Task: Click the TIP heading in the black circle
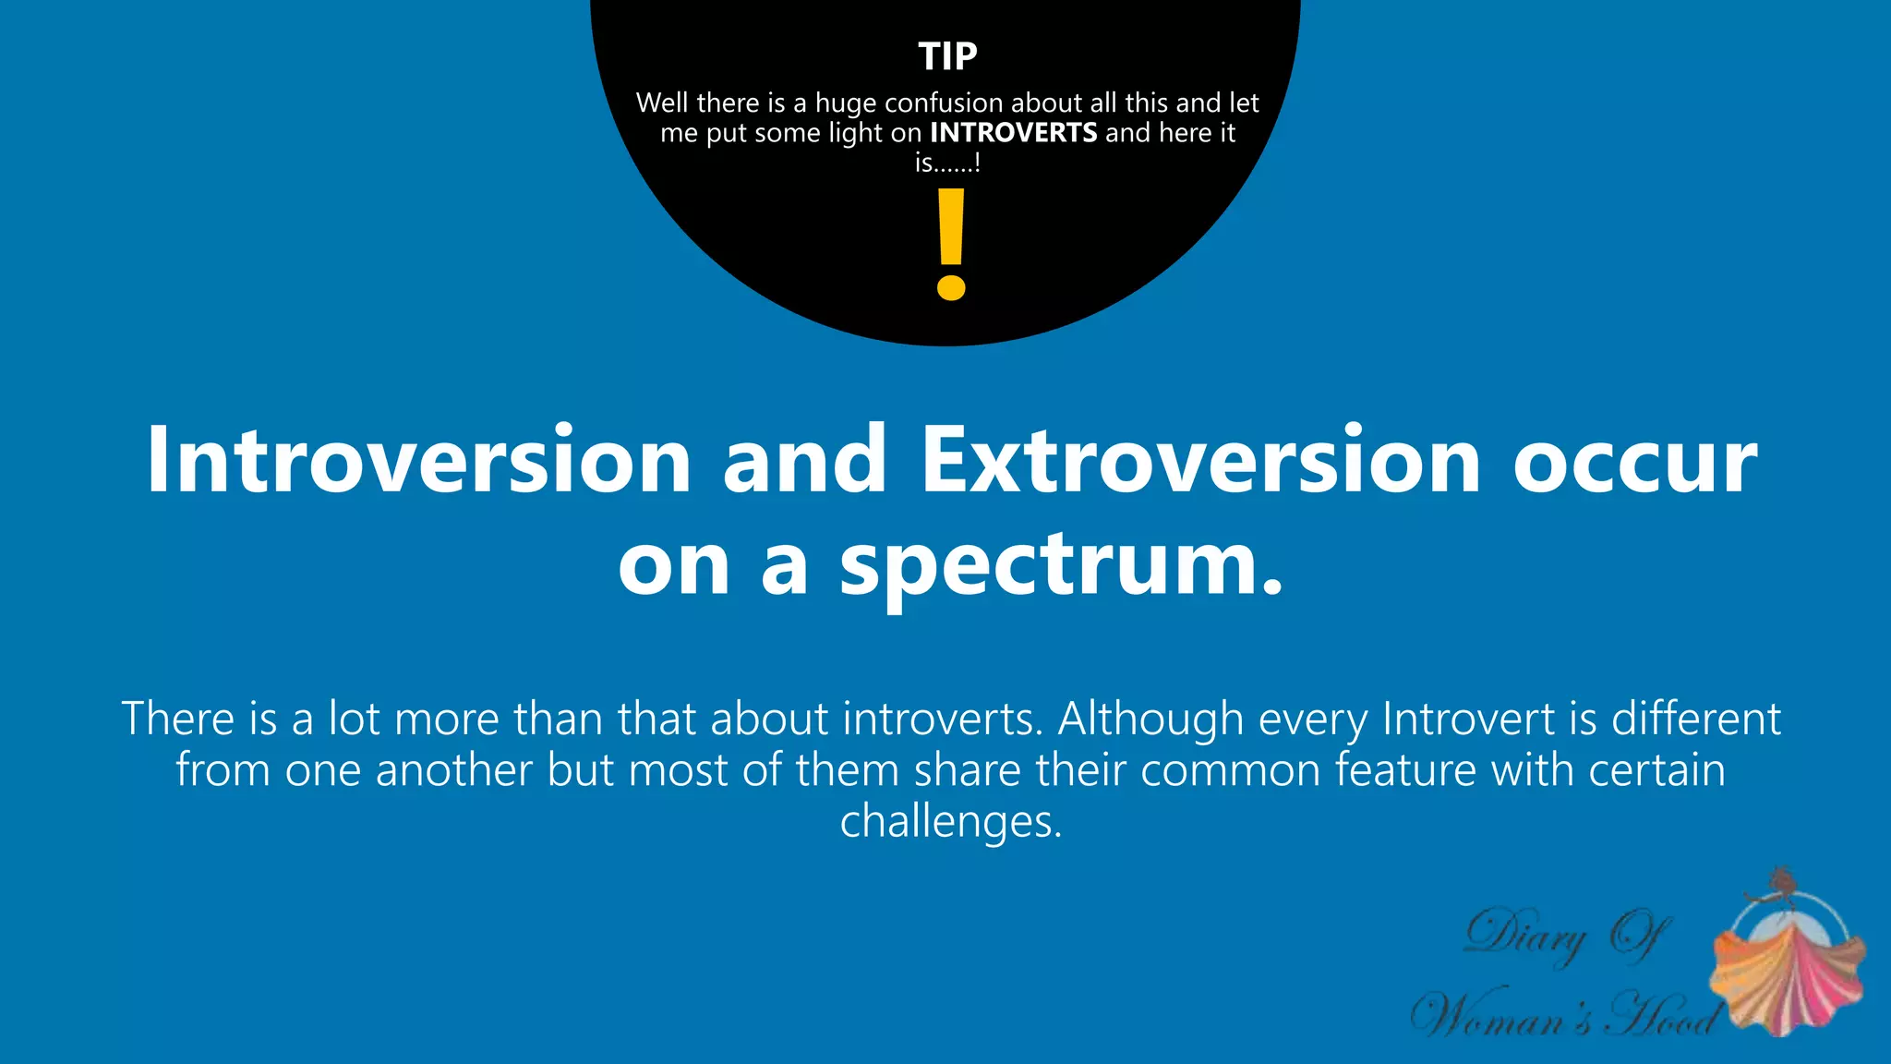pyautogui.click(x=947, y=57)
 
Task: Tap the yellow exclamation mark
pyautogui.click(x=950, y=245)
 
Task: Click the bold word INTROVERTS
pyautogui.click(x=1013, y=133)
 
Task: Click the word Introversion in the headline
pyautogui.click(x=419, y=460)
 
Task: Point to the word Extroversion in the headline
pyautogui.click(x=1200, y=460)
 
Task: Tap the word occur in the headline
pyautogui.click(x=1634, y=460)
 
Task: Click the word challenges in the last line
pyautogui.click(x=949, y=820)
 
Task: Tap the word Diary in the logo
pyautogui.click(x=1525, y=935)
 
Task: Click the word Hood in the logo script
pyautogui.click(x=1662, y=1016)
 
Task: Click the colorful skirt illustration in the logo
pyautogui.click(x=1787, y=979)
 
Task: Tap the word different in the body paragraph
pyautogui.click(x=1695, y=719)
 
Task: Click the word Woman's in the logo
pyautogui.click(x=1505, y=1016)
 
